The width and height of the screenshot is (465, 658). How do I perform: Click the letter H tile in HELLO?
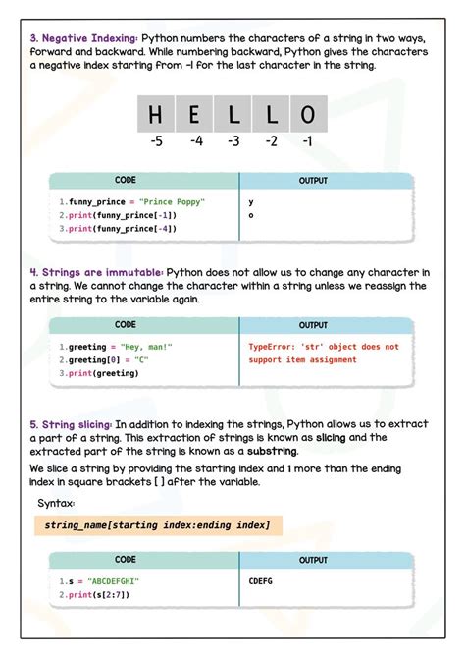[x=155, y=115]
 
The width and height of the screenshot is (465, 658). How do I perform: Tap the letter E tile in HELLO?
[x=194, y=115]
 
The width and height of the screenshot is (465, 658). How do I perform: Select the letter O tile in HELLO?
[x=308, y=115]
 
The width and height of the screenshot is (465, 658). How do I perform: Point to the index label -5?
[x=156, y=141]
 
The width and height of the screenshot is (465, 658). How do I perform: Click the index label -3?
[x=232, y=141]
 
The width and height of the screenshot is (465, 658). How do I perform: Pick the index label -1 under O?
[x=308, y=141]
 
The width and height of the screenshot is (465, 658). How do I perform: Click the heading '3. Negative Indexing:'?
[x=83, y=37]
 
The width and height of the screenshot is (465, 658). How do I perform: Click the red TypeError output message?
[x=324, y=353]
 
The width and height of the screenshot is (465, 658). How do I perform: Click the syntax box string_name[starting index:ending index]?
[x=157, y=525]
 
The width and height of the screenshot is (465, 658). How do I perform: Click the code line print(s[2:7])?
[x=95, y=594]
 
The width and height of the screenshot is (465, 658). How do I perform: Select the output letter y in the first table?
[x=252, y=201]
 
